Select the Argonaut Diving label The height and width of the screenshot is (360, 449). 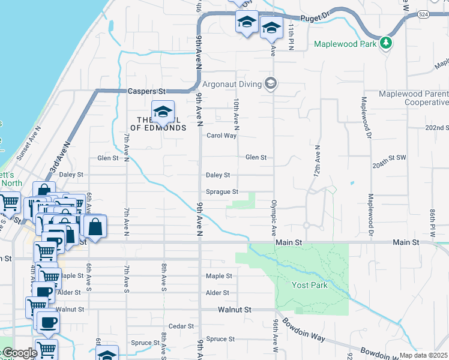coord(232,83)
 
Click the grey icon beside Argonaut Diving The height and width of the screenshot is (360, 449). coord(271,83)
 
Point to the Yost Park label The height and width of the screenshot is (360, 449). coord(310,285)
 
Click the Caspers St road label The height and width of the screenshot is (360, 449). coord(146,91)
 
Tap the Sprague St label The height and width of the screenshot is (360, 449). coord(222,192)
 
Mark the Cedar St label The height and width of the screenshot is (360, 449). coord(181,326)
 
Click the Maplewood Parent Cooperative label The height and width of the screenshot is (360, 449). coord(414,98)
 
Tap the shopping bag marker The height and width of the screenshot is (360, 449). coord(95,227)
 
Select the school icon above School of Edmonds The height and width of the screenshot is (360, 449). coord(163,112)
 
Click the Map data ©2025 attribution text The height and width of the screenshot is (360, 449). coord(424,355)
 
